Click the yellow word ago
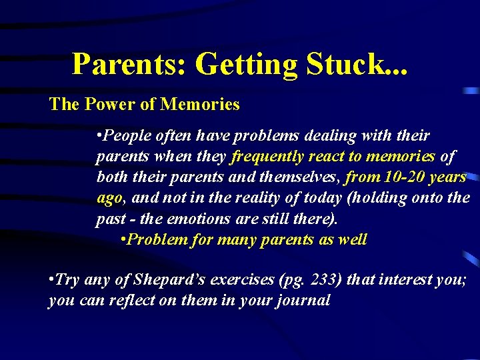pos(109,198)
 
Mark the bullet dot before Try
pos(51,279)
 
